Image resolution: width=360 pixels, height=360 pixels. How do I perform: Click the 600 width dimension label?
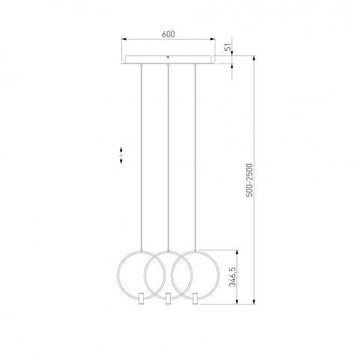pyautogui.click(x=168, y=34)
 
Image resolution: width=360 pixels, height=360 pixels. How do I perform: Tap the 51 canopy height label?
pyautogui.click(x=228, y=47)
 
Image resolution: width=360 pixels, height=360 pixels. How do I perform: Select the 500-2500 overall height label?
pyautogui.click(x=249, y=180)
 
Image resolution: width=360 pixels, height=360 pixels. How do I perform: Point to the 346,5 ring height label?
pyautogui.click(x=233, y=277)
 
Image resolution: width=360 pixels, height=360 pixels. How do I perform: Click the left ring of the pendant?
pyautogui.click(x=118, y=275)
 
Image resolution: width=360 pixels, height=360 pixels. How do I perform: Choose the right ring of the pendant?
pyautogui.click(x=219, y=275)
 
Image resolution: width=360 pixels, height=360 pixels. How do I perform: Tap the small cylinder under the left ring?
pyautogui.click(x=141, y=299)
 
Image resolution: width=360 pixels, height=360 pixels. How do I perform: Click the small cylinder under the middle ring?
pyautogui.click(x=168, y=299)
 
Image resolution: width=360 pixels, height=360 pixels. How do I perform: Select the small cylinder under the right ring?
pyautogui.click(x=195, y=299)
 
